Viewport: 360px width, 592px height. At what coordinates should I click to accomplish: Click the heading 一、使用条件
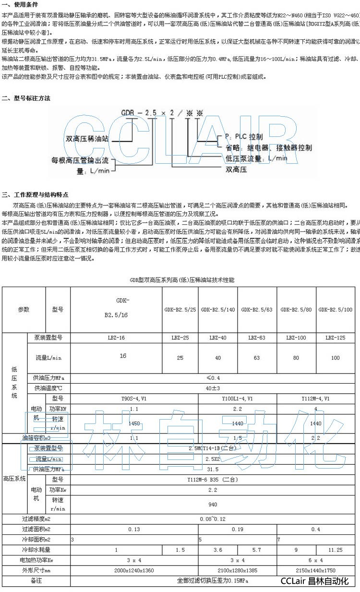pos(19,4)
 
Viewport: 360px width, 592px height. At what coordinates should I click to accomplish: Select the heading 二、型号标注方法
pos(26,98)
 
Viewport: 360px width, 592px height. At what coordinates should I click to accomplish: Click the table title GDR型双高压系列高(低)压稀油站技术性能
pos(182,279)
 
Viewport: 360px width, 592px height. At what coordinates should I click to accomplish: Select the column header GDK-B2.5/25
pos(180,310)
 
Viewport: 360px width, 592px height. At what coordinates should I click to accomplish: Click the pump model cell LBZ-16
pos(116,338)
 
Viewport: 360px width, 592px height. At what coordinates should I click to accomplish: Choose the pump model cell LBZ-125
pos(336,338)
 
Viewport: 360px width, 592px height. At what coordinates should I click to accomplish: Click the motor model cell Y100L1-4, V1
pos(238,399)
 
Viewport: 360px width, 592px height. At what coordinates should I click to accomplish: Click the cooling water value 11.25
pos(336,550)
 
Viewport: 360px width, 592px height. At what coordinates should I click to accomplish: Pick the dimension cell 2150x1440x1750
pos(316,570)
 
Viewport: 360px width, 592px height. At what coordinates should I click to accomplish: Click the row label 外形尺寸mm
pos(36,570)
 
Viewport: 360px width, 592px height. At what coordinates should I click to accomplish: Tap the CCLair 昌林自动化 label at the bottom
pos(314,581)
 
